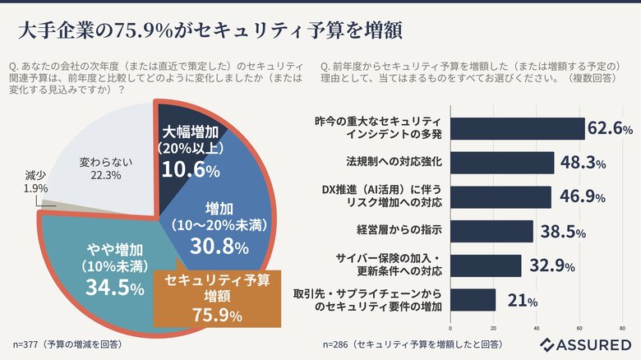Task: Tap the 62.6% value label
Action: (x=611, y=128)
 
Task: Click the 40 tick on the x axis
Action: (x=536, y=329)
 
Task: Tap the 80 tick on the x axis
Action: (x=621, y=329)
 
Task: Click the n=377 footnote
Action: (x=66, y=344)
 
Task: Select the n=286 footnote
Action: (x=411, y=344)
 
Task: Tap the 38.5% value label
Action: (x=561, y=232)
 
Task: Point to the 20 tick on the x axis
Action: (x=494, y=329)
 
